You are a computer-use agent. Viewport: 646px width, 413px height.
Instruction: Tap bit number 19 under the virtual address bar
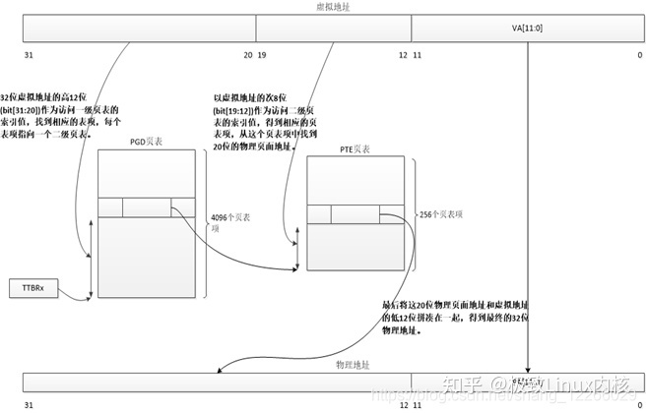click(262, 55)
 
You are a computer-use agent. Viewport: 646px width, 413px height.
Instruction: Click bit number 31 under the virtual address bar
click(29, 55)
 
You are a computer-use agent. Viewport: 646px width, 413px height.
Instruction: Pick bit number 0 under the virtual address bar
click(613, 55)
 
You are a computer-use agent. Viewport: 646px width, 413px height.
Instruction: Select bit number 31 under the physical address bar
click(29, 404)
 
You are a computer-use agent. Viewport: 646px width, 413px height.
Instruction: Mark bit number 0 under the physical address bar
click(613, 404)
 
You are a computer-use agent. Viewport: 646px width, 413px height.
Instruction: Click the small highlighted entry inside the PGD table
click(147, 206)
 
